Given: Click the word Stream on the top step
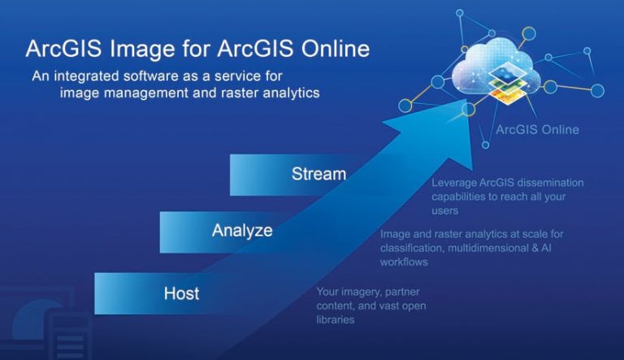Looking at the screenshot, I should pos(318,174).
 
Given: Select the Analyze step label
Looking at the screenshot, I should pos(242,230).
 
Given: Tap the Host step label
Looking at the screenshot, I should pos(181,292).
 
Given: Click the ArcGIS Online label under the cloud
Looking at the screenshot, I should pos(538,129).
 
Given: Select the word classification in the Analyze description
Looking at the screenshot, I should pos(414,249).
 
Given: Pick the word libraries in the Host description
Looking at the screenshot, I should pos(336,320).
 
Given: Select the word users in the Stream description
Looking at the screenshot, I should pos(446,210).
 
